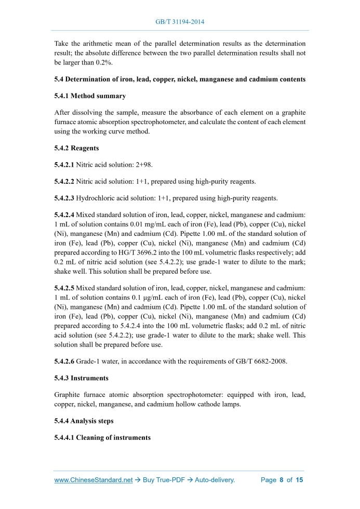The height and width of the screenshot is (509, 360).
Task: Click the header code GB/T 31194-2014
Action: pos(180,22)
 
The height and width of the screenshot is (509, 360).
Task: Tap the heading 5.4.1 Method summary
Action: pos(90,96)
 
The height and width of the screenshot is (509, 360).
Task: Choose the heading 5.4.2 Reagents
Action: pos(76,148)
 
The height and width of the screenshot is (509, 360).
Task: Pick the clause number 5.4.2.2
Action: pos(64,181)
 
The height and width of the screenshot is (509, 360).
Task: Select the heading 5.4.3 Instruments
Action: pos(80,378)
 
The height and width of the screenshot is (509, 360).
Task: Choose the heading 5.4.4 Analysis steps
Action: pos(84,421)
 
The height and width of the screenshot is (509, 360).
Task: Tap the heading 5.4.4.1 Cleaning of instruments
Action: pos(102,437)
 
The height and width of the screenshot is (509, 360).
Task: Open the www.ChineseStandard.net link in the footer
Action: pos(94,480)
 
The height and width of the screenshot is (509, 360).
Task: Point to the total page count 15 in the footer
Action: pos(299,480)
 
